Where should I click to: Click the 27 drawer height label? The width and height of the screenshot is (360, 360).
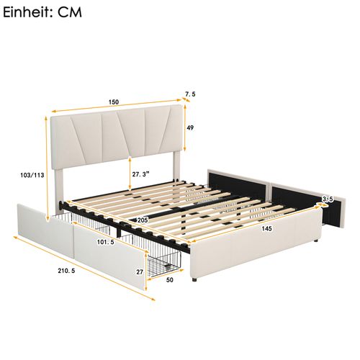click(141, 272)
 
